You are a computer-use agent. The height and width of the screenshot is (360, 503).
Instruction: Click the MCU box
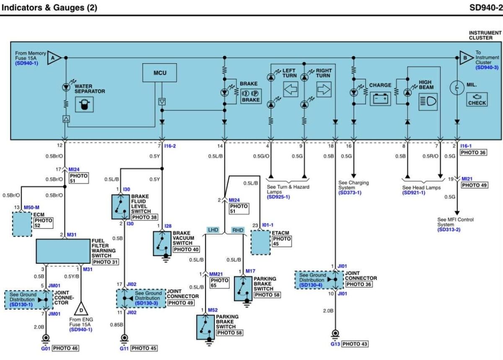[159, 73]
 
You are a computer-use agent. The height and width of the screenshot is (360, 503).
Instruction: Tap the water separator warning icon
[84, 104]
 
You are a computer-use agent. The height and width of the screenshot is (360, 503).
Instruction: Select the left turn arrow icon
[290, 89]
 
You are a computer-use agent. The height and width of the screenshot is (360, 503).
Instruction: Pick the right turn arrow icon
[324, 89]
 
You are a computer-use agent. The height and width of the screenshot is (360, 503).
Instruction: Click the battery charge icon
[380, 98]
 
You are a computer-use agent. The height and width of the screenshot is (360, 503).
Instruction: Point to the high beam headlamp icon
[428, 102]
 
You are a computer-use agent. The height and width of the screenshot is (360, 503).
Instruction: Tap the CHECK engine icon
[477, 99]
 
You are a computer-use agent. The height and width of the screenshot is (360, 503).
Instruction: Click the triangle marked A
[54, 58]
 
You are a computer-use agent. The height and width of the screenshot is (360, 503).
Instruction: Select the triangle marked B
[467, 58]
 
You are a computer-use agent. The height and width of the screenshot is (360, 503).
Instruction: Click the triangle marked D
[81, 309]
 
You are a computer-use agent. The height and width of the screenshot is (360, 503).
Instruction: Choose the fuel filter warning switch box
[63, 251]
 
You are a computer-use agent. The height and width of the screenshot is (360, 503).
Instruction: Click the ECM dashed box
[22, 224]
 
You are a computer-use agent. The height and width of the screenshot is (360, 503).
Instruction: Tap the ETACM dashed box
[260, 243]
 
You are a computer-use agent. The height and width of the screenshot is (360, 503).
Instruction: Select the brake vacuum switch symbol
[162, 243]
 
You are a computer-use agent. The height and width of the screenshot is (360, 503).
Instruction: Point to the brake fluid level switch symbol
[121, 207]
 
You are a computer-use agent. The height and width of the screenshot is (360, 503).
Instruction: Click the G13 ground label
[335, 344]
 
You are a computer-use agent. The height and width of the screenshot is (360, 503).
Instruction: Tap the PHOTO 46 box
[65, 348]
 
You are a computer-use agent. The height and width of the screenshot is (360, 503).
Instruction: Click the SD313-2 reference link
[449, 230]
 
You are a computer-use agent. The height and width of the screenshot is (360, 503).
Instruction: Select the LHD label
[213, 230]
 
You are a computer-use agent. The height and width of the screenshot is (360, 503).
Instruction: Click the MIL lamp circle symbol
[457, 88]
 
